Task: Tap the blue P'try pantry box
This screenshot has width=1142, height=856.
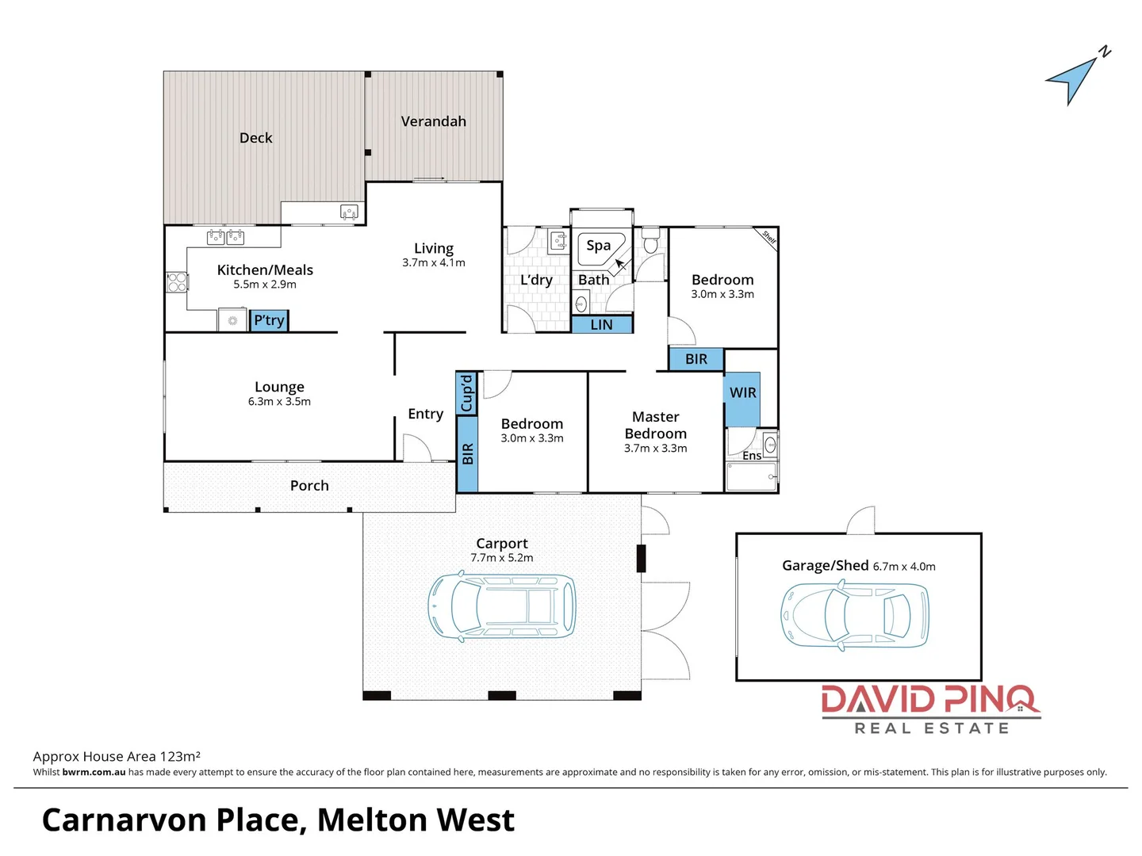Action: point(269,320)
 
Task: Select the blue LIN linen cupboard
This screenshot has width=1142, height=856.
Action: point(602,324)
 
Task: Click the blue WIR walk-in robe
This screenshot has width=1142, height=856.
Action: point(742,398)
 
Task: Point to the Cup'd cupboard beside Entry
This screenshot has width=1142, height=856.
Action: point(466,392)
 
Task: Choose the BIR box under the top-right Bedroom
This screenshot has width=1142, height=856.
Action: point(696,359)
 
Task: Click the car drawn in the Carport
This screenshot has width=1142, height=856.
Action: point(501,608)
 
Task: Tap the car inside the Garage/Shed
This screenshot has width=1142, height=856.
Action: point(854,615)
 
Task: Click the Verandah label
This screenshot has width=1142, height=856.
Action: point(433,121)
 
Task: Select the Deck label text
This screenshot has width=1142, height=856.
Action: point(255,138)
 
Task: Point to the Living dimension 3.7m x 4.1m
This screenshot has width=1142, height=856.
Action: point(433,263)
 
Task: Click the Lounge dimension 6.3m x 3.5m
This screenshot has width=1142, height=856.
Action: point(279,402)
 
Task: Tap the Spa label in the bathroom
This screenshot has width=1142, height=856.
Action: point(599,246)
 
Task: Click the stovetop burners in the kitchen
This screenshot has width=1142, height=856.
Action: point(177,281)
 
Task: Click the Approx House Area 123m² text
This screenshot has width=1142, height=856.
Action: point(117,756)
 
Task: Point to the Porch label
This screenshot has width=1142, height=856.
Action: point(309,486)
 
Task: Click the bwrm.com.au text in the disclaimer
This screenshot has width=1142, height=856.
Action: point(94,772)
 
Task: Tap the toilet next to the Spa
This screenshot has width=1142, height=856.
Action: point(650,242)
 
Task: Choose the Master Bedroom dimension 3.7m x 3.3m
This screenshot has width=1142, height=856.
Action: point(655,449)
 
